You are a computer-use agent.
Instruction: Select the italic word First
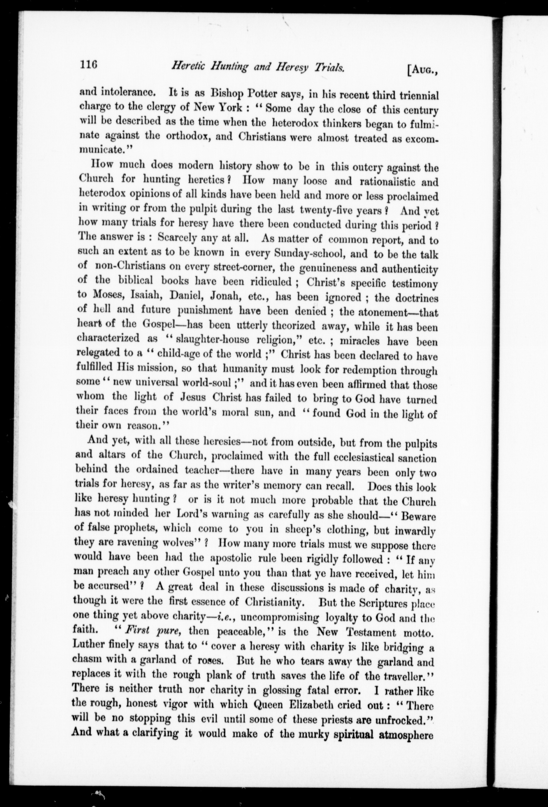(139, 630)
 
